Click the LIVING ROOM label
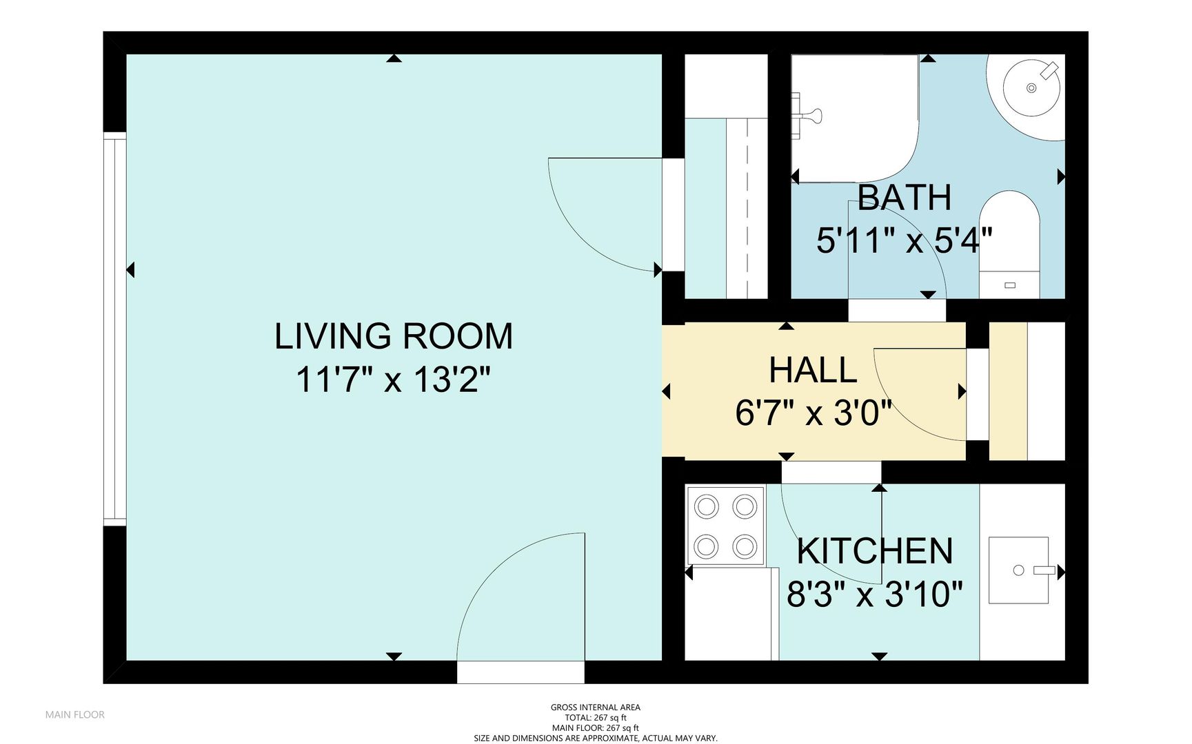(394, 337)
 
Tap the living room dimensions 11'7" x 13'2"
(394, 380)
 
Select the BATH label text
(905, 198)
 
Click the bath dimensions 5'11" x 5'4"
(905, 241)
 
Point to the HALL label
(813, 371)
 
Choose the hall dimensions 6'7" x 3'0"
(814, 413)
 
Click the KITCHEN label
(875, 551)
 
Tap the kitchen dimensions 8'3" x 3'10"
(875, 594)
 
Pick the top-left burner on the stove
(706, 507)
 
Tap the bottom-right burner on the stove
(745, 547)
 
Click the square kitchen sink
(1019, 570)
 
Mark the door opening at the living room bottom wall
(521, 672)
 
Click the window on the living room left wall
(115, 329)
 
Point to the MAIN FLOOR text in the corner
(75, 715)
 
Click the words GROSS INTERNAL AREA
(595, 707)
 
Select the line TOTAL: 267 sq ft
(595, 718)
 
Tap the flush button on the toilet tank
(1010, 285)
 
